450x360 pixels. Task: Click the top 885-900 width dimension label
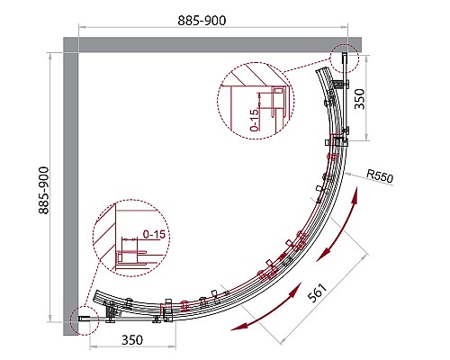tap(202, 21)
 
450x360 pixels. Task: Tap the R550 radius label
tap(380, 175)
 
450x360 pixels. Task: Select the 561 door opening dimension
tap(317, 292)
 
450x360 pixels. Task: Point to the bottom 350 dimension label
tap(132, 340)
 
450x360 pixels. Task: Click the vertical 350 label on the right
tap(360, 99)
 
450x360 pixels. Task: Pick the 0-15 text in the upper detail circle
tap(254, 120)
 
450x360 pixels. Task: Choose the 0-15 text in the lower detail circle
tap(154, 234)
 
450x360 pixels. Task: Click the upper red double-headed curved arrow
tap(338, 226)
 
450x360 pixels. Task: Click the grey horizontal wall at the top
tap(212, 45)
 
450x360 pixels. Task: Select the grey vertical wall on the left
tap(71, 193)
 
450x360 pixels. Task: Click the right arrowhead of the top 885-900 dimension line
tap(345, 27)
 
